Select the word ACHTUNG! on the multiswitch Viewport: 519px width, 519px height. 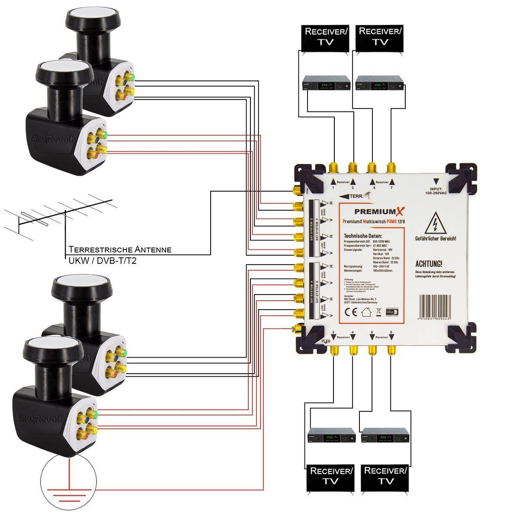coord(429,264)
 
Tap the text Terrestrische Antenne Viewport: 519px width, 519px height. coord(120,250)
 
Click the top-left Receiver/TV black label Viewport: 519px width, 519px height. coord(325,37)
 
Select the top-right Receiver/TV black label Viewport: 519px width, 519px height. coord(380,37)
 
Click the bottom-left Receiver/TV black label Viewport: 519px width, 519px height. coord(331,476)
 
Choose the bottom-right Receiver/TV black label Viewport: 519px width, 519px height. coord(385,476)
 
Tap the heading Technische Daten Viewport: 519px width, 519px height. coord(363,235)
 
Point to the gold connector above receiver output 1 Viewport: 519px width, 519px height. coord(333,168)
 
